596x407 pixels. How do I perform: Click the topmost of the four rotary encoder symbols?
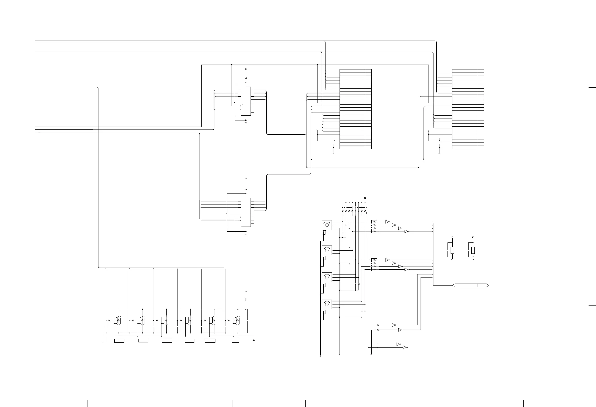[x=327, y=225]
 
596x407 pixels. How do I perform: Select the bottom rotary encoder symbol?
[x=327, y=304]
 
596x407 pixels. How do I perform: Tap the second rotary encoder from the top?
[x=327, y=250]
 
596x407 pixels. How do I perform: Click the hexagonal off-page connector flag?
[x=471, y=285]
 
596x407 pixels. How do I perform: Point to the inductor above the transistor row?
[x=246, y=300]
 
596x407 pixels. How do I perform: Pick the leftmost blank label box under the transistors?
[x=119, y=341]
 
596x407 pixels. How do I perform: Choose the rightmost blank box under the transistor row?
[x=235, y=341]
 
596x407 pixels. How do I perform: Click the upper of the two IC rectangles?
[x=246, y=101]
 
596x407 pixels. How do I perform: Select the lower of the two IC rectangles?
[x=246, y=212]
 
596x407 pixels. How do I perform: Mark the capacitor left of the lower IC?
[x=227, y=227]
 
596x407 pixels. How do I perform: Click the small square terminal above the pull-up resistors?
[x=365, y=198]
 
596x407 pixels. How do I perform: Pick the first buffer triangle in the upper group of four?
[x=387, y=222]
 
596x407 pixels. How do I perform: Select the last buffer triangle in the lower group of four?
[x=406, y=270]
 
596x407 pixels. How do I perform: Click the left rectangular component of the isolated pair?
[x=452, y=250]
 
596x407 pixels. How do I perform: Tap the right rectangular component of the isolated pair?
[x=473, y=250]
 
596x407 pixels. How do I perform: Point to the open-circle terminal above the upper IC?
[x=246, y=69]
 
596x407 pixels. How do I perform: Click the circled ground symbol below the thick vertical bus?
[x=321, y=356]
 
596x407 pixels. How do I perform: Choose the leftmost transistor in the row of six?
[x=118, y=320]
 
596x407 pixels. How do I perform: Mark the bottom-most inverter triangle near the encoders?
[x=405, y=347]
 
